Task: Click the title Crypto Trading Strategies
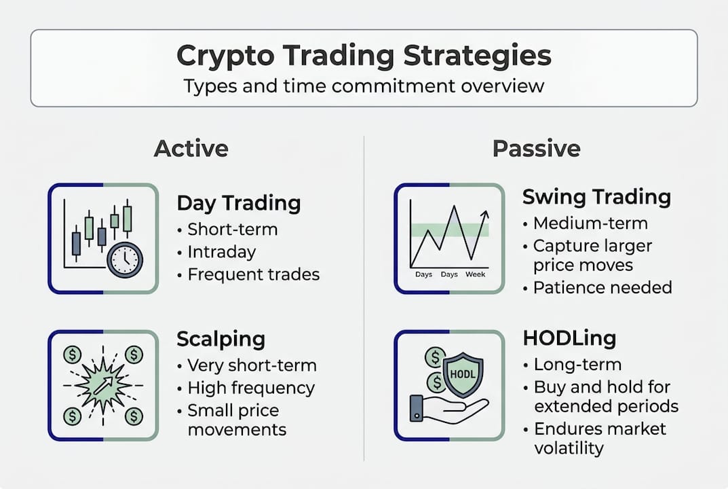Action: (x=364, y=56)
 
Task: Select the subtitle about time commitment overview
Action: (x=364, y=86)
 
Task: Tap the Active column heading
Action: (x=191, y=148)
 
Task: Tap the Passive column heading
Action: (x=536, y=148)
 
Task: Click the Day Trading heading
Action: (x=238, y=202)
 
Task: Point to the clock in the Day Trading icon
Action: (x=125, y=259)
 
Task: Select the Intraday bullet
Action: (x=221, y=252)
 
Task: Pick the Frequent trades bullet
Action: (x=253, y=274)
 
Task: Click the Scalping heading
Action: (x=221, y=339)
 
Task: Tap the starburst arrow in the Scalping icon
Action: (x=102, y=385)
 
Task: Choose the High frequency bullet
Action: (x=251, y=388)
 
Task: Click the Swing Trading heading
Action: (x=596, y=197)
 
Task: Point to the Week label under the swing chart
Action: (x=475, y=275)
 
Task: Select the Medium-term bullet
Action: (x=590, y=223)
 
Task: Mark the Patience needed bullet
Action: (x=602, y=287)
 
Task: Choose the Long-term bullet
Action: (x=577, y=365)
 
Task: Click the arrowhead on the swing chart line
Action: (x=484, y=214)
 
